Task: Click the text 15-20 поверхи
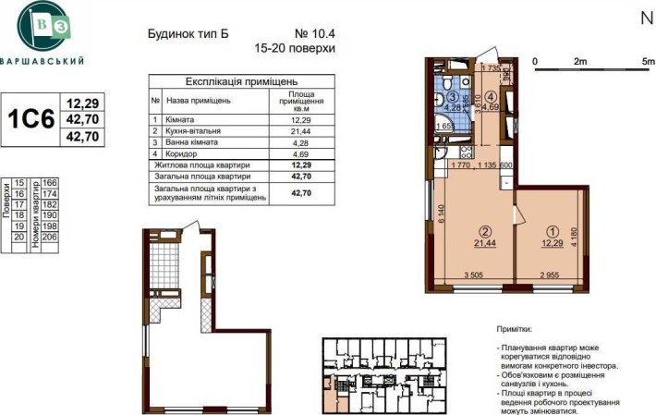293,47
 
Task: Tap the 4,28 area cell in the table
301,144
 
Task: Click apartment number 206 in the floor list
49,238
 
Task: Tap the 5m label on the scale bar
648,61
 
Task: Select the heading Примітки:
513,328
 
